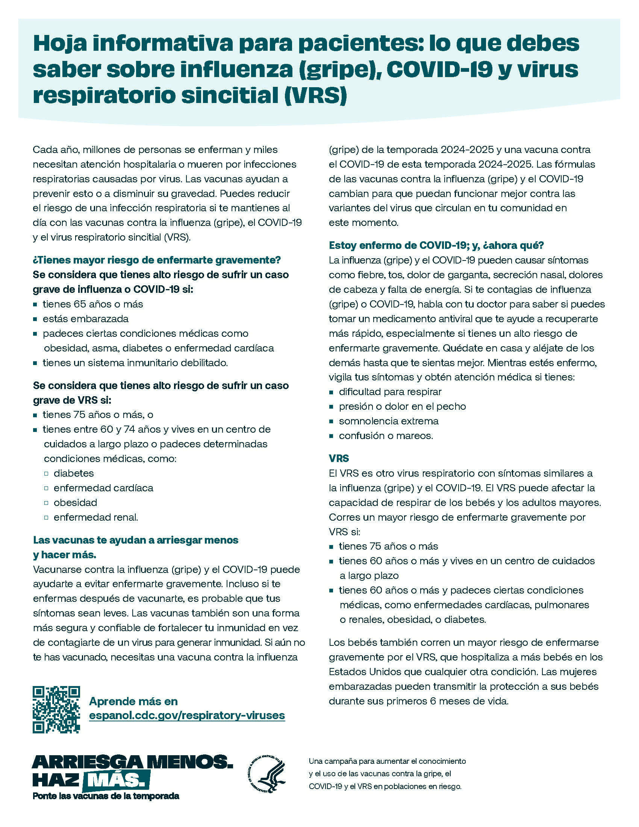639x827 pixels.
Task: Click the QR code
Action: (x=56, y=709)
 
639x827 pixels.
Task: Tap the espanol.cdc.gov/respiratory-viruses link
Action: (x=187, y=715)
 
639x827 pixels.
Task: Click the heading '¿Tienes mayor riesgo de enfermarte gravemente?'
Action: (x=157, y=260)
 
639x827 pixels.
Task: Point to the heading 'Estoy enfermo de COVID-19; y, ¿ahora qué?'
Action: (x=436, y=245)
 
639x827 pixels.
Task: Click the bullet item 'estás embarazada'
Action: (x=86, y=319)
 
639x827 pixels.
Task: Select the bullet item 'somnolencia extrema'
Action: (x=388, y=421)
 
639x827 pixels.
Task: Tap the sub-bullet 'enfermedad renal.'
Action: (x=96, y=517)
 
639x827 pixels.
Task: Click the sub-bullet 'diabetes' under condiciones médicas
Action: (x=74, y=473)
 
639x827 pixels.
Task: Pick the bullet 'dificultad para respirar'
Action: (x=390, y=392)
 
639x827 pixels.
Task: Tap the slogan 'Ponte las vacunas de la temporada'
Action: (x=106, y=796)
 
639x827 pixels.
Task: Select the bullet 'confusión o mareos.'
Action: (x=386, y=436)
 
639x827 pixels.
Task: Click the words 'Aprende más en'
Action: (x=133, y=701)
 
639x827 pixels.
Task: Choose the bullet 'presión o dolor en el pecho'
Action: (x=402, y=406)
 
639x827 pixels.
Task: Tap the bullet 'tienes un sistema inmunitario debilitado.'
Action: (x=135, y=363)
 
